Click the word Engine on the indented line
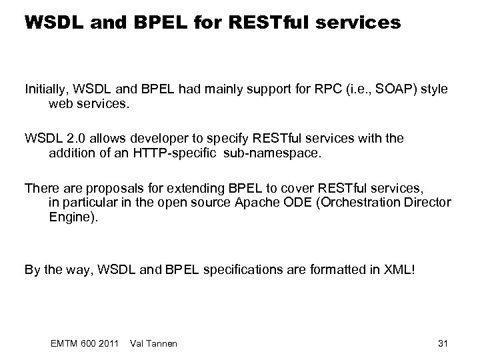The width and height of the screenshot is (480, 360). click(71, 217)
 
